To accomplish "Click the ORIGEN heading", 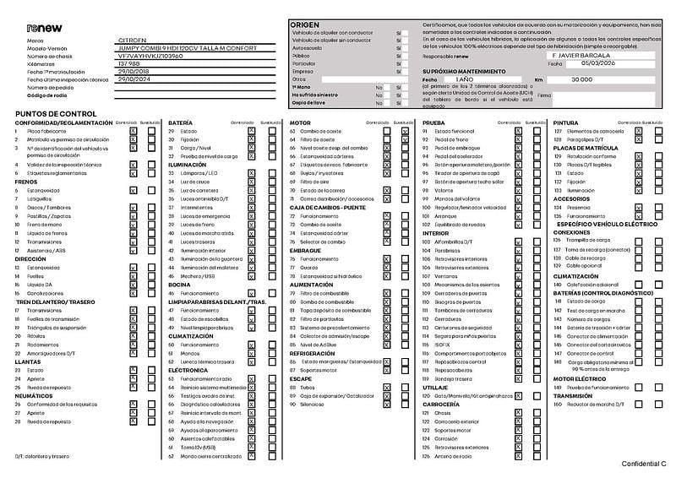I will click(305, 25).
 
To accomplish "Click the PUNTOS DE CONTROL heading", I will click(56, 113).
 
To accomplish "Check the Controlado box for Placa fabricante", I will click(133, 132).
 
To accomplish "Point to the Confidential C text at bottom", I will click(644, 464).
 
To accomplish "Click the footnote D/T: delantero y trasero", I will click(41, 456).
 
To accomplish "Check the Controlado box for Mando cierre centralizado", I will click(252, 456).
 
